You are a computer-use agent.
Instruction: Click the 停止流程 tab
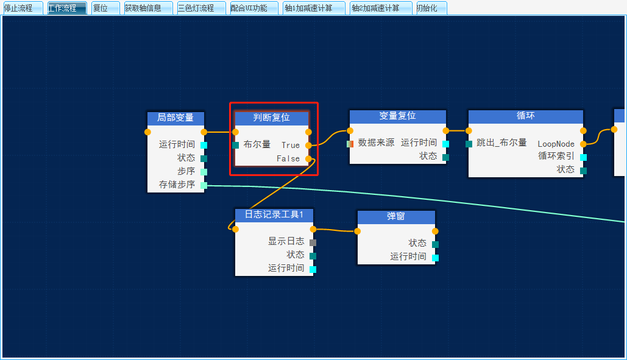pos(22,8)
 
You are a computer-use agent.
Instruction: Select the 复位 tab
pos(104,8)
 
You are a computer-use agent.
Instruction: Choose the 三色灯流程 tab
pos(201,8)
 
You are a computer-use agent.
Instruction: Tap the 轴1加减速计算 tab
pos(313,8)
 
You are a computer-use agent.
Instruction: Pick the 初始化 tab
pos(430,8)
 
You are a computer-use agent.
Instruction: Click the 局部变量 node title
pos(175,118)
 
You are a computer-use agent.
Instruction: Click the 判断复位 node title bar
pos(272,118)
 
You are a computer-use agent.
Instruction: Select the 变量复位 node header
pos(397,116)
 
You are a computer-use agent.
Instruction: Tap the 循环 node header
pos(525,116)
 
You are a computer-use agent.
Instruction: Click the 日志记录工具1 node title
pos(274,215)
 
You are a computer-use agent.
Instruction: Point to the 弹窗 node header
pos(396,217)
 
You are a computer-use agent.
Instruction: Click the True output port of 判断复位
pos(308,145)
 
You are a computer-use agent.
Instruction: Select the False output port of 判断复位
pos(308,158)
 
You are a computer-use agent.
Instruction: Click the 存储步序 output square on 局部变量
pos(204,185)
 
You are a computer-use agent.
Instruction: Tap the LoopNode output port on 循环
pos(583,144)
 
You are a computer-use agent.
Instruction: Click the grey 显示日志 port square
pos(313,242)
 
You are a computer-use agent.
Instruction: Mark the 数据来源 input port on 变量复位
pos(350,144)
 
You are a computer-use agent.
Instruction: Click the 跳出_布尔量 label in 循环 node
pos(501,143)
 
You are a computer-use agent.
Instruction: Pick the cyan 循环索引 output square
pos(583,157)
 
